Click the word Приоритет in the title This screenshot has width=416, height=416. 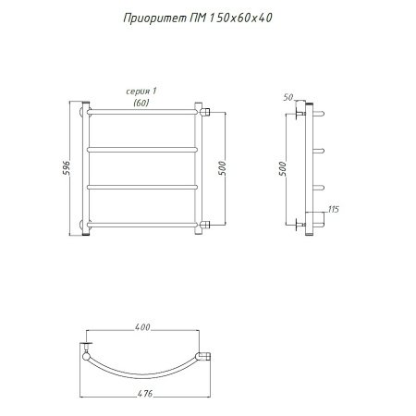tap(154, 18)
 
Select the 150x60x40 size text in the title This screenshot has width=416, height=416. tap(240, 18)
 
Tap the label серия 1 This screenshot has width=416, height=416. tap(141, 92)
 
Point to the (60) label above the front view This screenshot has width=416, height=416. tap(141, 103)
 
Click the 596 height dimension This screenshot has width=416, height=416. tap(67, 168)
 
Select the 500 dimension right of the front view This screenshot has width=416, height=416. tap(222, 168)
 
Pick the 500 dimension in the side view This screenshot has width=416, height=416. tap(282, 168)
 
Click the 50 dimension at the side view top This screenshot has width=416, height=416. tap(288, 97)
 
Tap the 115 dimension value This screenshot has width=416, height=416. tap(334, 210)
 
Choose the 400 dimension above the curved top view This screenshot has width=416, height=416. tap(142, 327)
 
